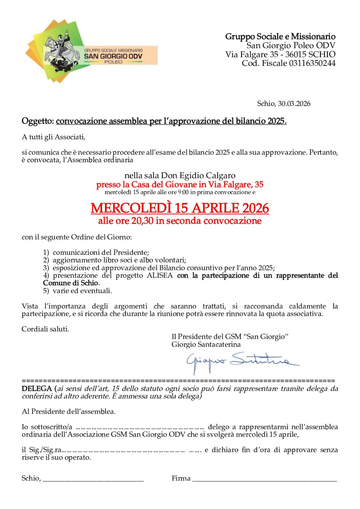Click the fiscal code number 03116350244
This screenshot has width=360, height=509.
pos(312,63)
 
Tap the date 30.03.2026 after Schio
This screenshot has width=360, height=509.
pos(294,104)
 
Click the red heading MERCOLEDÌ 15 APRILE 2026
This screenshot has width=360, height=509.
pos(180,208)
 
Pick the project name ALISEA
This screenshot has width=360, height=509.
pos(160,275)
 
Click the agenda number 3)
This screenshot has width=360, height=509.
pos(46,268)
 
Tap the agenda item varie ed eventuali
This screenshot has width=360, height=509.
pos(82,291)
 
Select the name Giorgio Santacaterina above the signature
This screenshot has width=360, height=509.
pos(206,345)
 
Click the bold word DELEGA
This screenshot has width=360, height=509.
pos(37,389)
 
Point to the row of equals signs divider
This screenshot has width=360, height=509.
pos(178,381)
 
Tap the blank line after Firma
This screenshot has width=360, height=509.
pos(264,480)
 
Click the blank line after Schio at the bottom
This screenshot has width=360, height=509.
pos(93,480)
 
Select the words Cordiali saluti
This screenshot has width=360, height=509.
pos(45,329)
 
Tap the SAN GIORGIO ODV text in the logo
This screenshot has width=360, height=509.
pos(113,56)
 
